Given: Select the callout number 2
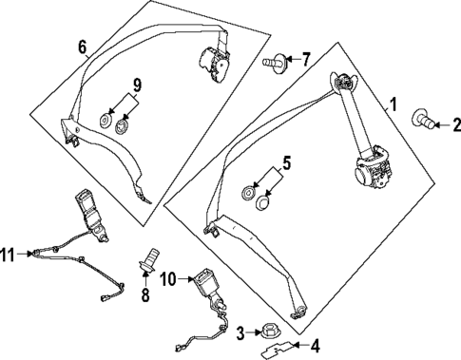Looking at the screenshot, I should click(x=456, y=124).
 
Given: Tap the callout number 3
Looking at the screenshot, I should click(x=241, y=332).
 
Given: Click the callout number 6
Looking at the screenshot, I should click(x=81, y=47).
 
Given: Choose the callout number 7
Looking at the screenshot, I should click(x=306, y=60).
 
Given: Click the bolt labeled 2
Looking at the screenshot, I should click(x=423, y=121).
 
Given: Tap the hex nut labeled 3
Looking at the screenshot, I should click(x=268, y=332).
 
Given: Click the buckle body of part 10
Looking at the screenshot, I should click(x=205, y=284).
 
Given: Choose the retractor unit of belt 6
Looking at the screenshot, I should click(x=216, y=67).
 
